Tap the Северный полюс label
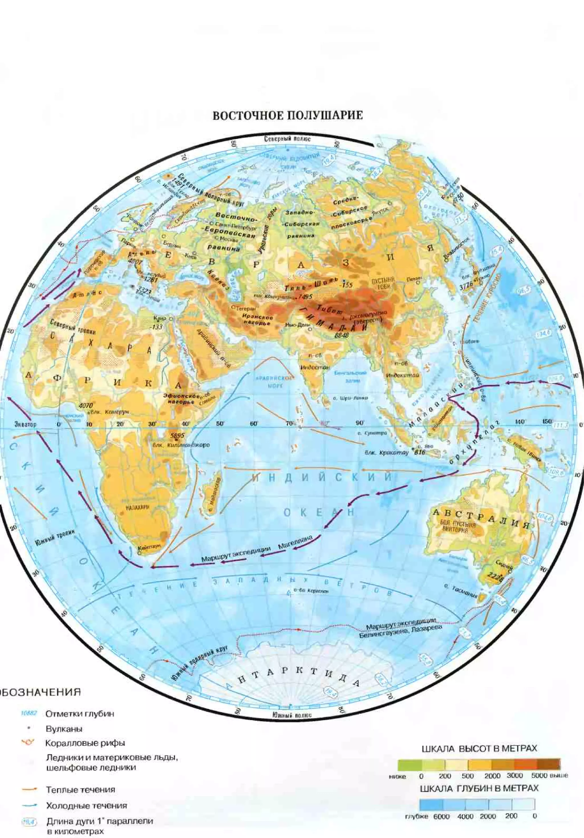287,139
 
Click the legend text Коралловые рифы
85,743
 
